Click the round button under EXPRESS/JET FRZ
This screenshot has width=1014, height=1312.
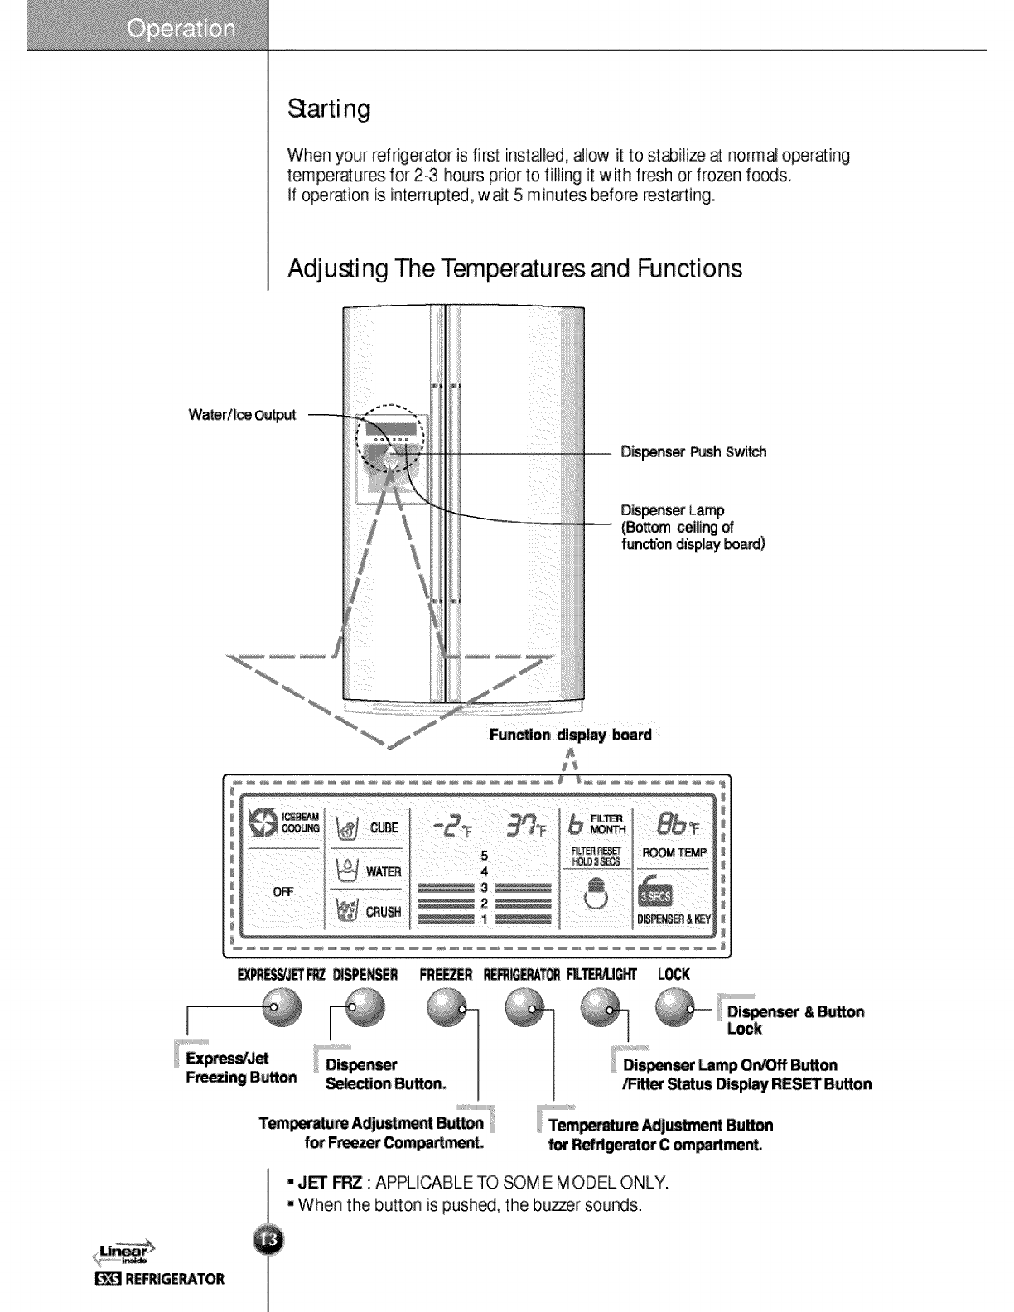coord(282,1009)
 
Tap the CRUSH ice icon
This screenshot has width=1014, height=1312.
coord(346,910)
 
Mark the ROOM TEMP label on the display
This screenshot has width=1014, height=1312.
coord(675,853)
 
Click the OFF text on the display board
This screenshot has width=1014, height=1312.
coord(283,892)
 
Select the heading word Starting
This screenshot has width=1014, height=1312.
coord(327,109)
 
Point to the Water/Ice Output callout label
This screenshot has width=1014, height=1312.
coord(242,415)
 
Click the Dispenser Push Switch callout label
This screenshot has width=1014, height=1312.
coord(693,452)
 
